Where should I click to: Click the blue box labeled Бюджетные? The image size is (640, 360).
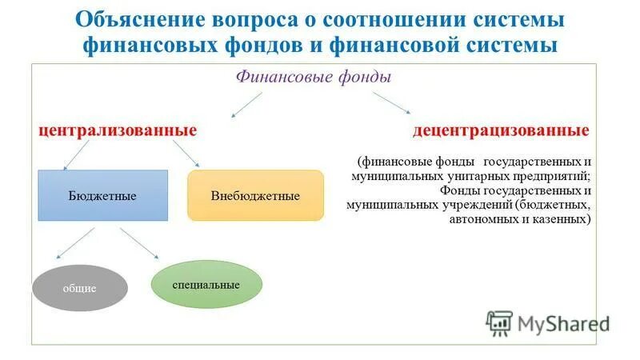tap(102, 195)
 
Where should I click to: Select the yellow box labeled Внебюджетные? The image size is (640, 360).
tap(255, 195)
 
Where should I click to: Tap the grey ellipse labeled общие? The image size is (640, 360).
tap(80, 287)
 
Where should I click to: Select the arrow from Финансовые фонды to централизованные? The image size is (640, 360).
tap(246, 103)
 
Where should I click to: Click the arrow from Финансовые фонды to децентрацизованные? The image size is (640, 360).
tap(390, 102)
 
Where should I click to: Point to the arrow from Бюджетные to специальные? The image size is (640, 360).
tap(138, 243)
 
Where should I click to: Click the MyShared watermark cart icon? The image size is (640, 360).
tap(499, 322)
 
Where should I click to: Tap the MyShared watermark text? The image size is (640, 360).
tap(563, 323)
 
